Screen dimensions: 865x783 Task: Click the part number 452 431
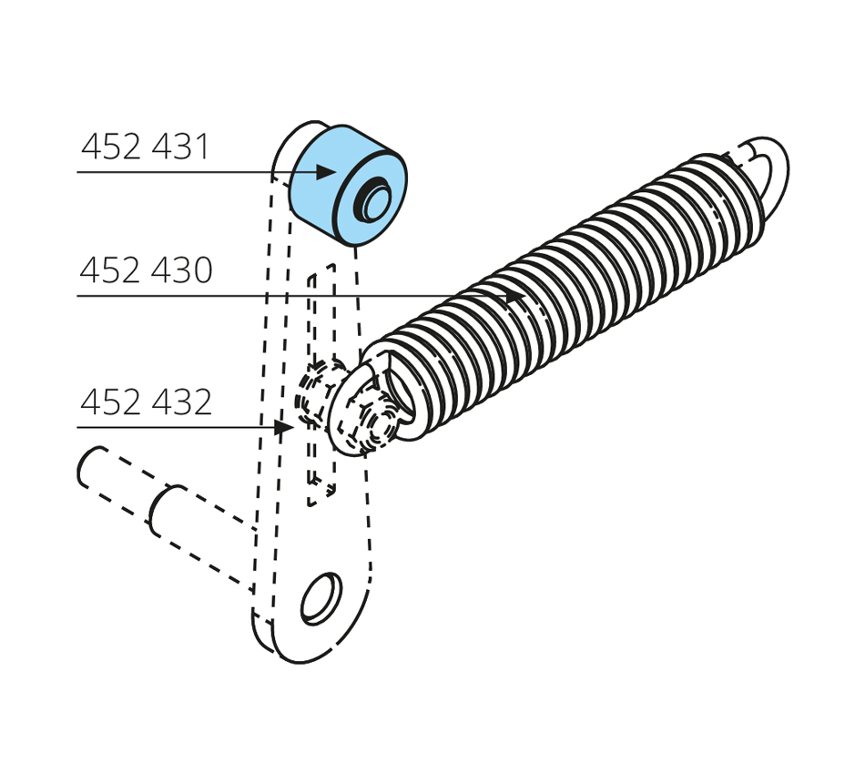pos(146,147)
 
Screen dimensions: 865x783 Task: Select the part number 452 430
pos(147,269)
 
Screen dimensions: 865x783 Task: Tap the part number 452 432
pos(147,402)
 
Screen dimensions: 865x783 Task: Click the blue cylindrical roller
pos(348,186)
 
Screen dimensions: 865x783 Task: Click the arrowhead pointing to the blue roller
pos(327,172)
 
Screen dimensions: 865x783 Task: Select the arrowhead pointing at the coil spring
pos(516,296)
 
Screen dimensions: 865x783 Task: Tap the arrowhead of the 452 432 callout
pos(283,427)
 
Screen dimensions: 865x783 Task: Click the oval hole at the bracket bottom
pos(321,599)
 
